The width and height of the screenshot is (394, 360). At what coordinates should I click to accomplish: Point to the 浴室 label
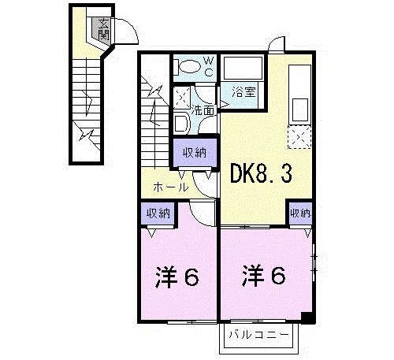coord(243,91)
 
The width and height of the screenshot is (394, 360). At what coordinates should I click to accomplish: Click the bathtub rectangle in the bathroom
coord(243,69)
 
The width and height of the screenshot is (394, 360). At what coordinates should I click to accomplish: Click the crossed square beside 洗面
coord(181,99)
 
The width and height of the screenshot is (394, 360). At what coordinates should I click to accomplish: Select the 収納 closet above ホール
coord(195,153)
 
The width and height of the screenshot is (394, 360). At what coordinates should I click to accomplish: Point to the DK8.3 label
coord(261,173)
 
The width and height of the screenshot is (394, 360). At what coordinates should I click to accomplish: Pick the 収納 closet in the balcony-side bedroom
coord(300,213)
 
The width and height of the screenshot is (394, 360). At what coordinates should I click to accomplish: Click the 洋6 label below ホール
coord(177,278)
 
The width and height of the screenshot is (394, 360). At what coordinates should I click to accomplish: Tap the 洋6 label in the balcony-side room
coord(264,276)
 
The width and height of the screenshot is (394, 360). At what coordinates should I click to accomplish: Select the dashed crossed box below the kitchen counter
coord(299,135)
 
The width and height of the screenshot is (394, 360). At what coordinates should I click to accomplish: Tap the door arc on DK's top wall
coord(273,45)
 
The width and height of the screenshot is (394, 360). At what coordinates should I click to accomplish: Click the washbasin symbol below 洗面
coord(180,124)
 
